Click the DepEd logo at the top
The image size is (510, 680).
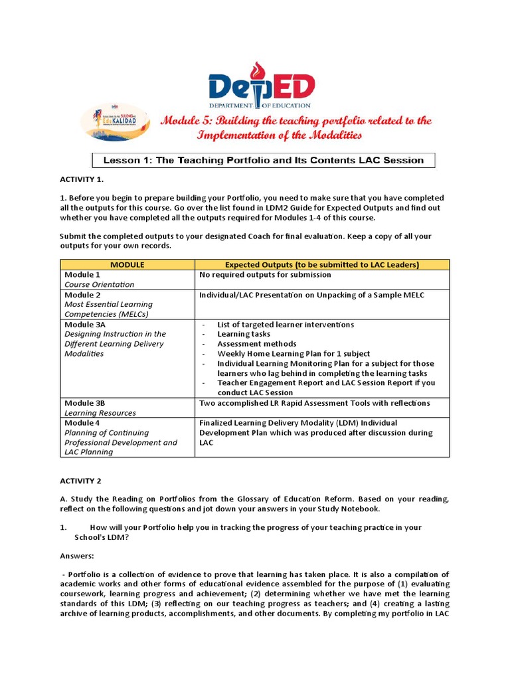pos(261,87)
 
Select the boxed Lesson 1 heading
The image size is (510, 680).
pos(263,160)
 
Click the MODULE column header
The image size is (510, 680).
pos(127,264)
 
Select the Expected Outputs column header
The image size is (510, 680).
pos(322,264)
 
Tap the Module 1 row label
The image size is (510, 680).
pos(82,274)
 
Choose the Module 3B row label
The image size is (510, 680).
pos(85,403)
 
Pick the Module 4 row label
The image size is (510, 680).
pos(82,422)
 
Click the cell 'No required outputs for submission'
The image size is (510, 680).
pos(265,274)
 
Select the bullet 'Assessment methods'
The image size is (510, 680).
pos(257,344)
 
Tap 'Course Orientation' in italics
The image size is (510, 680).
pos(99,284)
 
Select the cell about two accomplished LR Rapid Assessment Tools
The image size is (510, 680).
pos(315,403)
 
